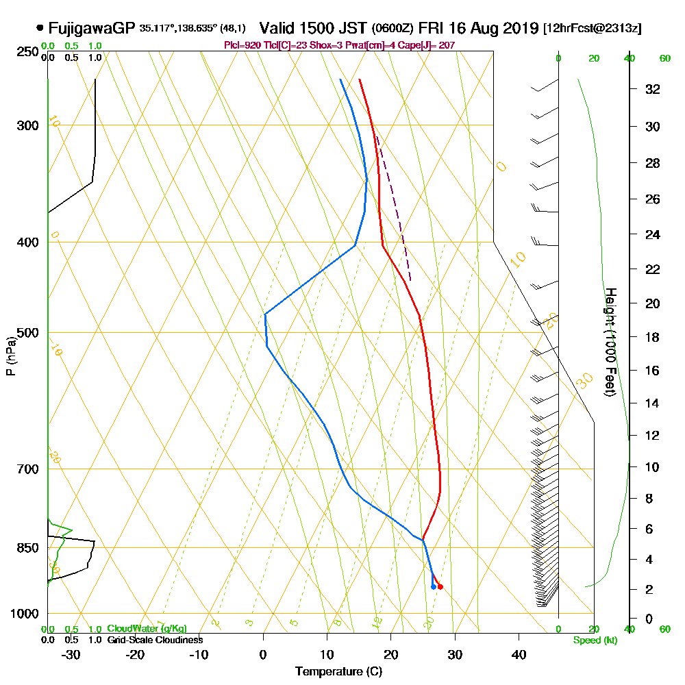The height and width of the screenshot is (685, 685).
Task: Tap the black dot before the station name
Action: point(40,29)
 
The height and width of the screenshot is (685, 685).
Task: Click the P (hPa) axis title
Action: point(10,356)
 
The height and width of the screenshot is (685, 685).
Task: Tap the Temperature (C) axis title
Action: point(338,671)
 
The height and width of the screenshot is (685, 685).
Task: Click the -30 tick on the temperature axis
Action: point(71,654)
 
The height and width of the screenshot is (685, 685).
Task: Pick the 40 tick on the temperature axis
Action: point(519,654)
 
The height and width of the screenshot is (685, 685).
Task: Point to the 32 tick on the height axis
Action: point(652,88)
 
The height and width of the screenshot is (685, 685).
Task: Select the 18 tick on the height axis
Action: point(652,337)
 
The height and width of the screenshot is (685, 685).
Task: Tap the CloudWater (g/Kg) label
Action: point(147,629)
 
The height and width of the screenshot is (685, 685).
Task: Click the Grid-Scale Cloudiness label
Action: point(155,640)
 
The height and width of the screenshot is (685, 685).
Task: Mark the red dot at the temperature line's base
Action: point(440,586)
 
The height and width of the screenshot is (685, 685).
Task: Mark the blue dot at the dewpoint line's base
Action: point(433,586)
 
